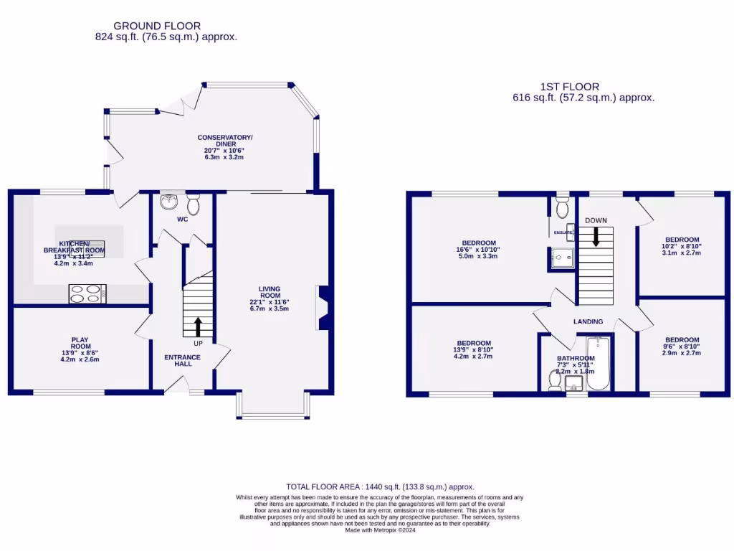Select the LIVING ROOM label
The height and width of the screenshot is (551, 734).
pos(270,293)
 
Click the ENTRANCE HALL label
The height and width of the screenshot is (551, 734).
pos(178,359)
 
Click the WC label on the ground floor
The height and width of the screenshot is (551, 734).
pos(182,219)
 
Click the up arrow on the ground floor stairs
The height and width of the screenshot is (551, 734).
pos(198,327)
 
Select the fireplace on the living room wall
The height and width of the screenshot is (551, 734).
pos(323,308)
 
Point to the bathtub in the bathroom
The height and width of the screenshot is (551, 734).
pos(597,364)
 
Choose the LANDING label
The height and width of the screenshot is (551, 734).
pos(588,321)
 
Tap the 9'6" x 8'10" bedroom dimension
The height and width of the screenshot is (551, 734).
pos(681,347)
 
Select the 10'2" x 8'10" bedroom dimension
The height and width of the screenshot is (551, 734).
pos(682,246)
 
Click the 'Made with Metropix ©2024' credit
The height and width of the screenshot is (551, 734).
pos(380,530)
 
